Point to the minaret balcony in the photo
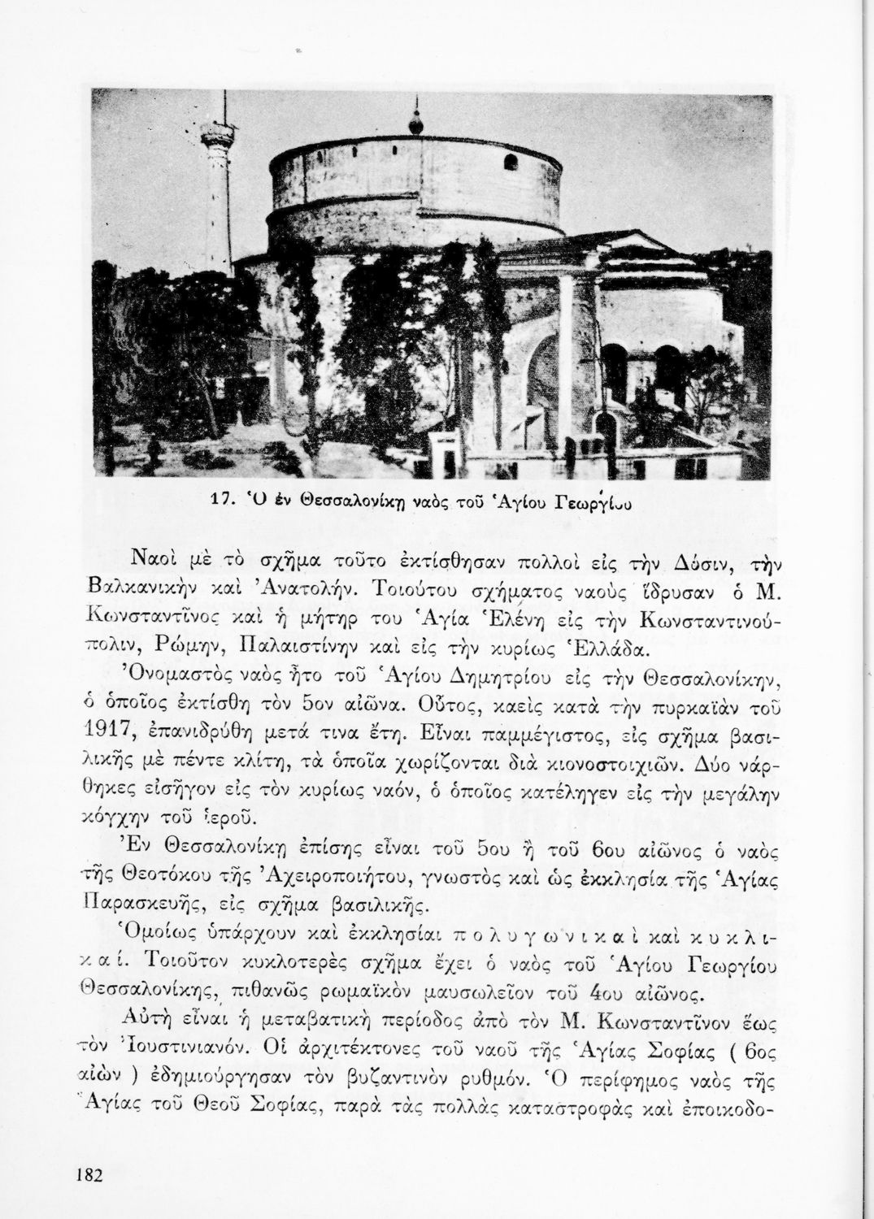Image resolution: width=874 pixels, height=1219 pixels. point(215,131)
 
